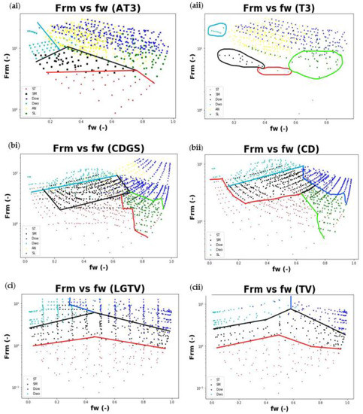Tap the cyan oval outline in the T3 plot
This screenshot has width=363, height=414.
coord(217,29)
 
